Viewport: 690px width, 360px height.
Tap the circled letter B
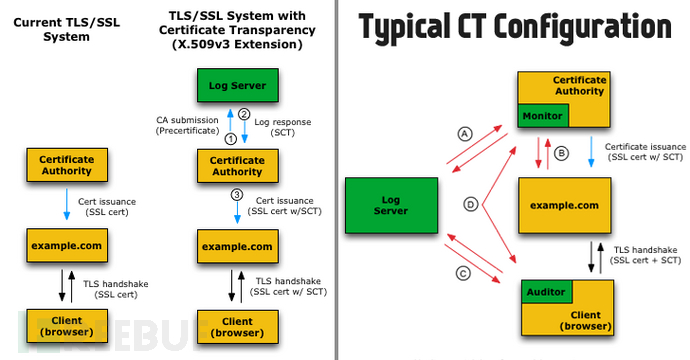[x=560, y=153]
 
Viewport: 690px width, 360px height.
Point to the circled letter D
[x=470, y=204]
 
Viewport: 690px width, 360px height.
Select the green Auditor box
[x=546, y=292]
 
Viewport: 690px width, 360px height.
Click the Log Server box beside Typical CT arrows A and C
[x=392, y=205]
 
